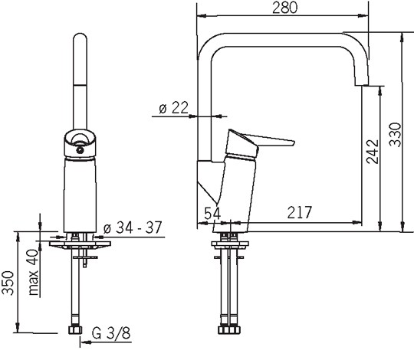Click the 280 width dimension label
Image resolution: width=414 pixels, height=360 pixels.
(x=284, y=8)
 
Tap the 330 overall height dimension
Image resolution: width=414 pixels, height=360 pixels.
(x=396, y=134)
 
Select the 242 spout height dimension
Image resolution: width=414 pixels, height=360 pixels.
(x=373, y=152)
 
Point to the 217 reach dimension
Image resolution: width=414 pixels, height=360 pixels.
(x=300, y=212)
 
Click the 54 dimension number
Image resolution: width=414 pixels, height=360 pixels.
(x=212, y=213)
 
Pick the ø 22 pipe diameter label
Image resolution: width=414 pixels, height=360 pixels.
(x=174, y=107)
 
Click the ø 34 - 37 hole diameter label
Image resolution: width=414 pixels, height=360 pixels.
(x=133, y=227)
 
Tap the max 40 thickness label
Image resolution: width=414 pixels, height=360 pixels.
(x=34, y=272)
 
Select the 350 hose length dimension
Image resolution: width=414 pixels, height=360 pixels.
(x=8, y=283)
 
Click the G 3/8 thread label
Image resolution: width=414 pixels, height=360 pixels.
(x=111, y=333)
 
